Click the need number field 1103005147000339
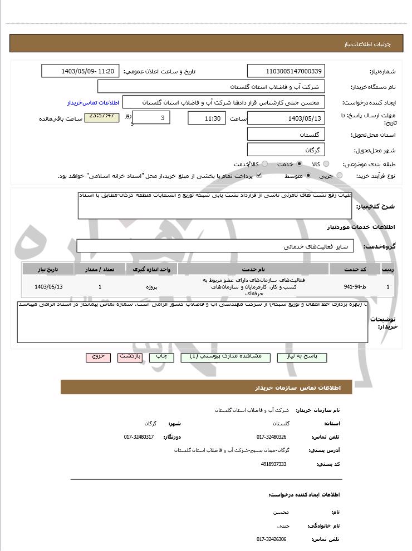pyautogui.click(x=286, y=71)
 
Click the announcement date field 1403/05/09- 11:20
pyautogui.click(x=81, y=71)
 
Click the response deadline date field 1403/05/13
pyautogui.click(x=286, y=118)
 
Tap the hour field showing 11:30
pyautogui.click(x=207, y=118)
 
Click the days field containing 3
pyautogui.click(x=152, y=118)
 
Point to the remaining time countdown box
pyautogui.click(x=101, y=117)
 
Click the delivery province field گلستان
pyautogui.click(x=286, y=135)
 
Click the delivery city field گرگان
pyautogui.click(x=286, y=150)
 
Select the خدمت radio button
pyautogui.click(x=300, y=164)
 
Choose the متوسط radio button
pyautogui.click(x=308, y=176)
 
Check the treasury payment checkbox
pyautogui.click(x=258, y=176)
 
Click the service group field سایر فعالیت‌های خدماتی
pyautogui.click(x=215, y=246)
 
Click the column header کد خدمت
pyautogui.click(x=355, y=269)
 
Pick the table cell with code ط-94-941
pyautogui.click(x=355, y=287)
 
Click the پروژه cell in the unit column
pyautogui.click(x=153, y=287)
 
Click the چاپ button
pyautogui.click(x=161, y=357)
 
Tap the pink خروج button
pyautogui.click(x=99, y=357)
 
